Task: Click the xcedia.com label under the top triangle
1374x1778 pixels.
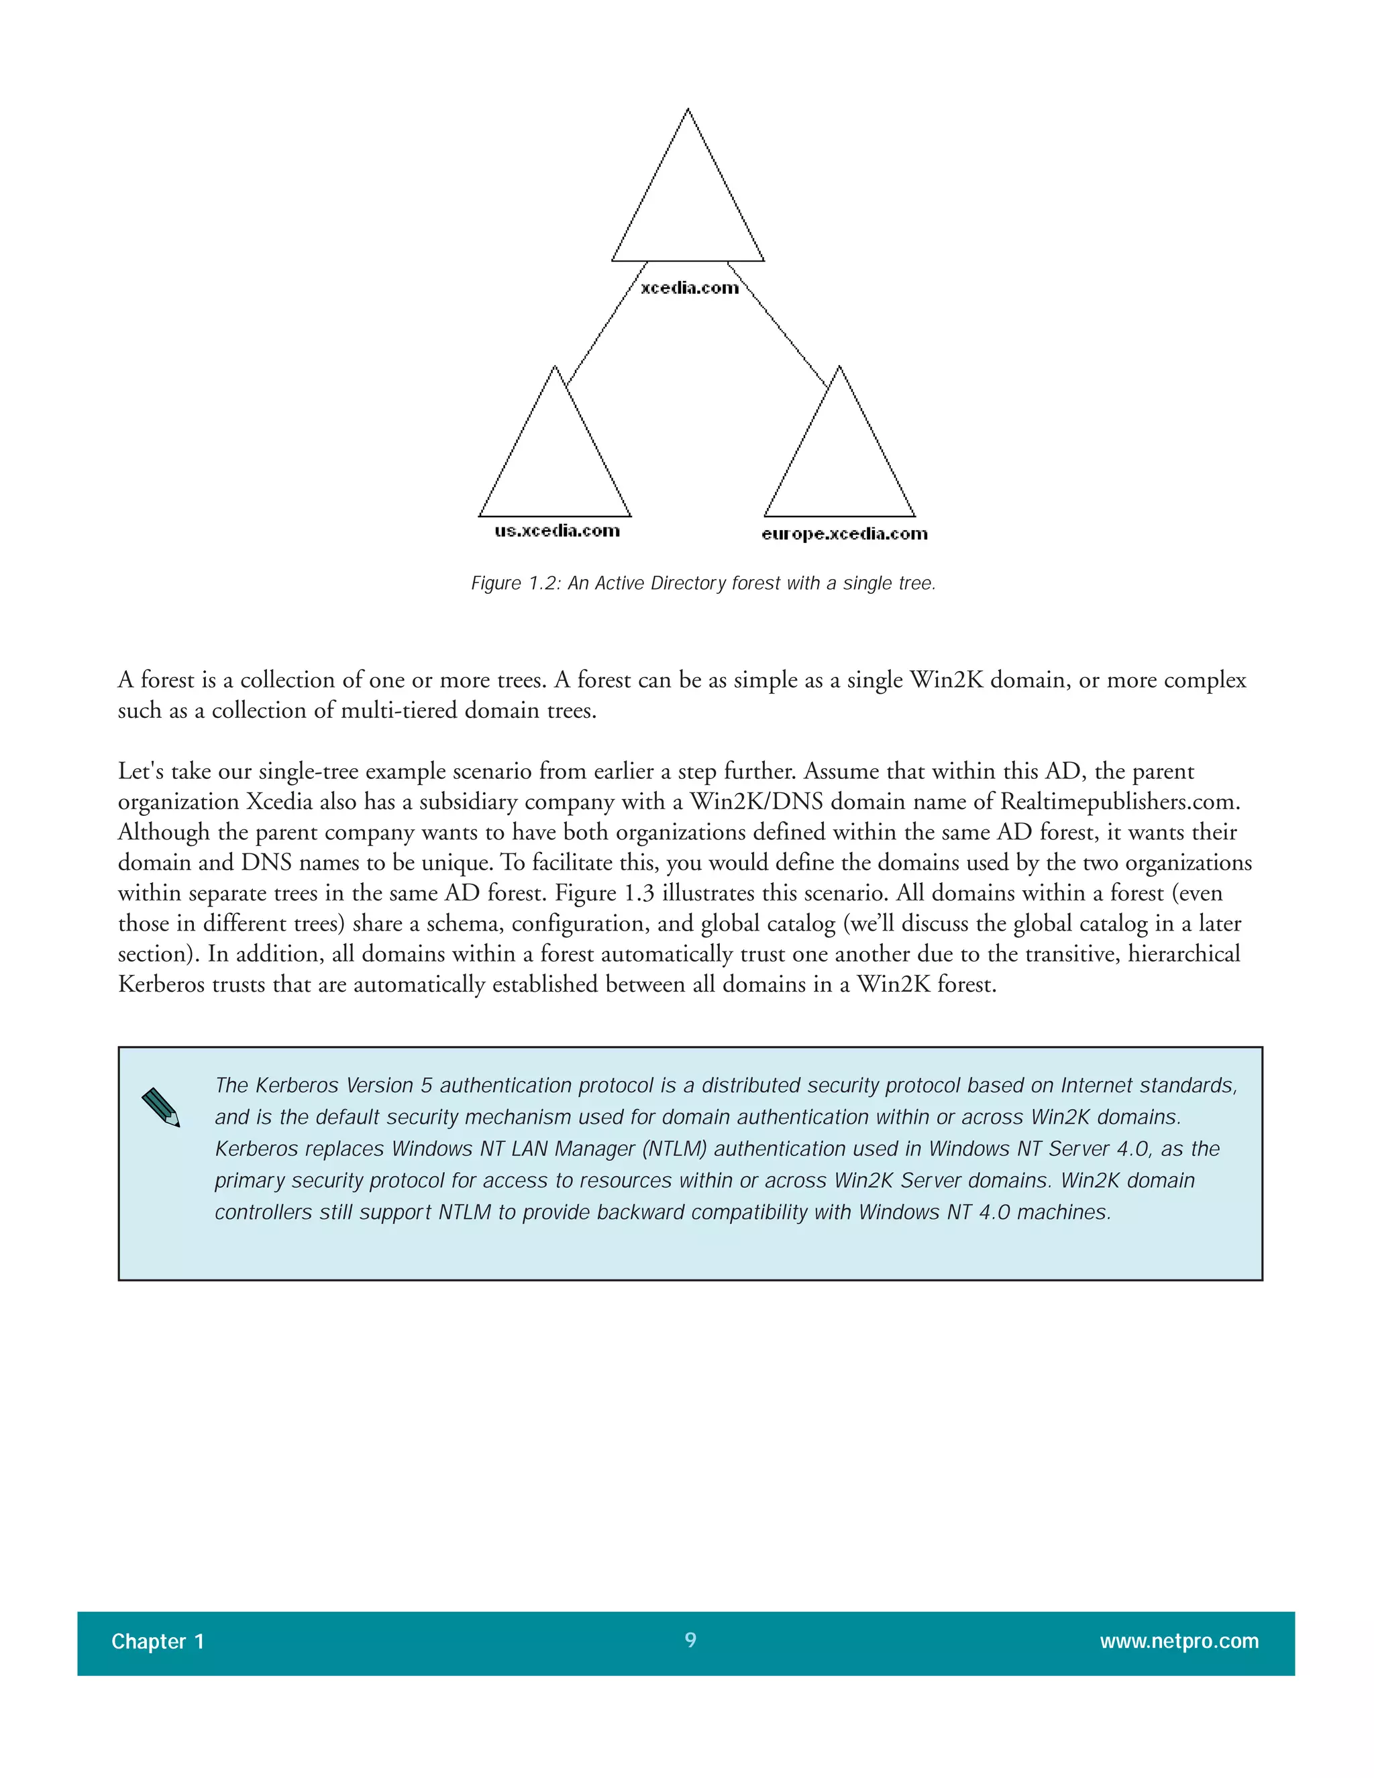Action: pyautogui.click(x=690, y=287)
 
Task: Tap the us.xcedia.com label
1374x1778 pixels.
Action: pyautogui.click(x=557, y=531)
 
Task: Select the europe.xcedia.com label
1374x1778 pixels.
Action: pyautogui.click(x=844, y=534)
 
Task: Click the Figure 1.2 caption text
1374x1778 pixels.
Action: pyautogui.click(x=703, y=584)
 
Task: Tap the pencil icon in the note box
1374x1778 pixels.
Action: pyautogui.click(x=160, y=1107)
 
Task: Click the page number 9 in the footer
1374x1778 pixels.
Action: pyautogui.click(x=690, y=1640)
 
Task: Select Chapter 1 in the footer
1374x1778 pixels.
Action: pyautogui.click(x=157, y=1641)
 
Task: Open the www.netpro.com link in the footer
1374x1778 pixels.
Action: pyautogui.click(x=1179, y=1641)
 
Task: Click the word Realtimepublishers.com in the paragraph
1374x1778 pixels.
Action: pyautogui.click(x=1119, y=802)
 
